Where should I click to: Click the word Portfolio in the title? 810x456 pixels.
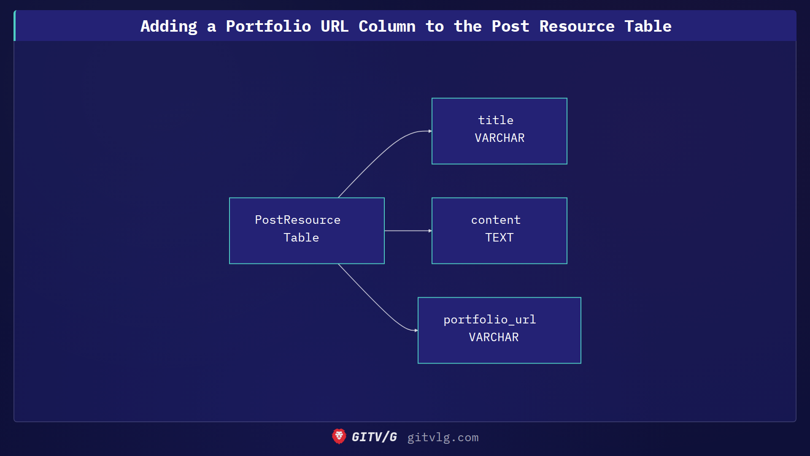pos(268,26)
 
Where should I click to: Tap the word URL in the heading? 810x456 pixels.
pos(334,26)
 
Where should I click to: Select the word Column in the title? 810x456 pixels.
pos(387,26)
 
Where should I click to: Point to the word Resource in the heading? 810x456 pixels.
pos(577,26)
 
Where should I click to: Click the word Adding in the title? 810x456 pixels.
pos(169,26)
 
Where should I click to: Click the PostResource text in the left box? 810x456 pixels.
pos(297,220)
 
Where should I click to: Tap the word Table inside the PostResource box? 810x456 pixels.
pos(301,238)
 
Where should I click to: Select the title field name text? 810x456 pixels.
pos(496,120)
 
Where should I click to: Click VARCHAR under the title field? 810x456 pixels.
pos(499,138)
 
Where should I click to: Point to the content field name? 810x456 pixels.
pos(496,220)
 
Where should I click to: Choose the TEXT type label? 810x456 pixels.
pos(499,238)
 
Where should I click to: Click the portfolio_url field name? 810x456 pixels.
pos(489,320)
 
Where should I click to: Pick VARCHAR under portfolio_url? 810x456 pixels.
pos(494,337)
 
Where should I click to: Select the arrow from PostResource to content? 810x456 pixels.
pos(408,231)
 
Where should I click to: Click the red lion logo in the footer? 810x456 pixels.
pos(339,437)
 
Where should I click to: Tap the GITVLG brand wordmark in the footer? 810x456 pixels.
pos(374,437)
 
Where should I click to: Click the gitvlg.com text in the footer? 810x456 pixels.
pos(443,437)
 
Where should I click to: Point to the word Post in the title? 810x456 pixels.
pos(510,26)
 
